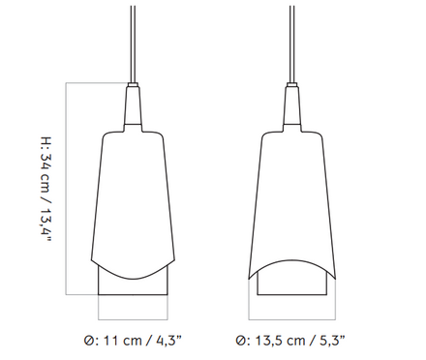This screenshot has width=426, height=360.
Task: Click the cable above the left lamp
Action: pyautogui.click(x=133, y=45)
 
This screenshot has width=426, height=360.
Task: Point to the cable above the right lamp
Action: pyautogui.click(x=292, y=45)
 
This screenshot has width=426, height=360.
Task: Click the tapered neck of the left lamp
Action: pyautogui.click(x=133, y=105)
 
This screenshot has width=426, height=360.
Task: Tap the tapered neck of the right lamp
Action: pyautogui.click(x=292, y=105)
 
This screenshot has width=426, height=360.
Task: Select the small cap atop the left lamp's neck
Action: pyautogui.click(x=133, y=85)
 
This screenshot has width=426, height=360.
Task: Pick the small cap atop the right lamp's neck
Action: pyautogui.click(x=292, y=85)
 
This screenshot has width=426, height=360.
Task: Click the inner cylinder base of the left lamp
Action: pyautogui.click(x=133, y=286)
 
